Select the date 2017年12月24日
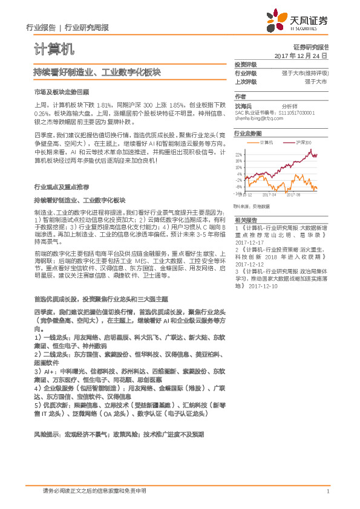pyautogui.click(x=301, y=55)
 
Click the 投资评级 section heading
pyautogui.click(x=246, y=64)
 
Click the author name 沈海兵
pyautogui.click(x=243, y=105)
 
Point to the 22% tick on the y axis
pyautogui.click(x=240, y=154)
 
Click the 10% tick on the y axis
pyautogui.click(x=240, y=167)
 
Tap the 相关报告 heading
pyautogui.click(x=246, y=220)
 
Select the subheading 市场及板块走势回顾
pyautogui.click(x=61, y=92)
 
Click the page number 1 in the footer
pyautogui.click(x=327, y=491)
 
